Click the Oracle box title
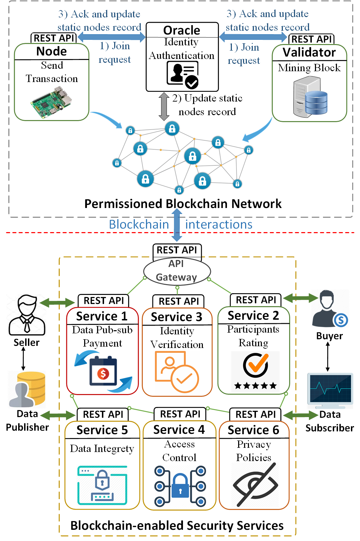point(182,30)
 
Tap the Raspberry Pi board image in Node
point(52,101)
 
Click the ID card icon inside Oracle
point(182,74)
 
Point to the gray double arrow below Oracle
point(164,106)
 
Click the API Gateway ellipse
point(177,271)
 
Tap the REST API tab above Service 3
point(178,301)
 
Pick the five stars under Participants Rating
point(255,385)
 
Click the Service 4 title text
point(179,430)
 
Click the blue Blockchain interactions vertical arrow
point(177,225)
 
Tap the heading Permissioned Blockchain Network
point(183,204)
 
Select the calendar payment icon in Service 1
point(103,373)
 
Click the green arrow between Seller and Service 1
point(58,303)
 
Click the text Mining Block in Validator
point(309,68)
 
